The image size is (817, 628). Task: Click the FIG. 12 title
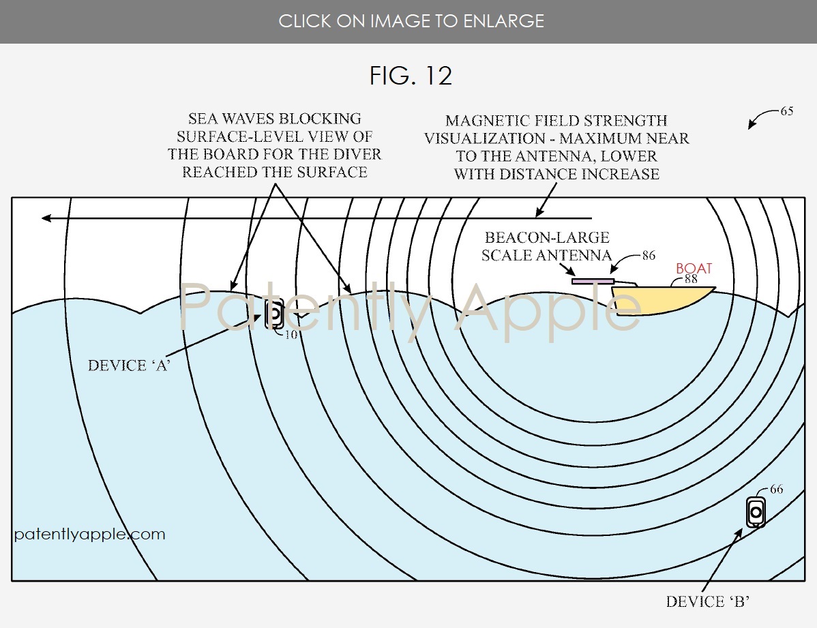(411, 76)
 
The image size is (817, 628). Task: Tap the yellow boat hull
(657, 300)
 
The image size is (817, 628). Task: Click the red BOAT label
(694, 268)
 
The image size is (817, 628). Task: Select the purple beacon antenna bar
(593, 282)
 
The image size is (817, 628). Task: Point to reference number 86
(649, 255)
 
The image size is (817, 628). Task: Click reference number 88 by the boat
(691, 279)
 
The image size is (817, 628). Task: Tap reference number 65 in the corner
(787, 111)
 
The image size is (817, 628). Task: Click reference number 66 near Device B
(776, 489)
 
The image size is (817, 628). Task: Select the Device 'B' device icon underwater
(756, 512)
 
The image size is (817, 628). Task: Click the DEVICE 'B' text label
(708, 601)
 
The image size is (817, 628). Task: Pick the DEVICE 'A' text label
(129, 365)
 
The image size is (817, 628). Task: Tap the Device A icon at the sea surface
(274, 313)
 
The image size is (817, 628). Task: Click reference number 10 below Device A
(291, 334)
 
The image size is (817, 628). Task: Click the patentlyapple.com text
(89, 534)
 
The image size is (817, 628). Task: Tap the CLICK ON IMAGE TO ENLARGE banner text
(411, 21)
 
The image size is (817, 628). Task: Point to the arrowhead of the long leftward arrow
(46, 218)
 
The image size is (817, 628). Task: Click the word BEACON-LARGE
(546, 237)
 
